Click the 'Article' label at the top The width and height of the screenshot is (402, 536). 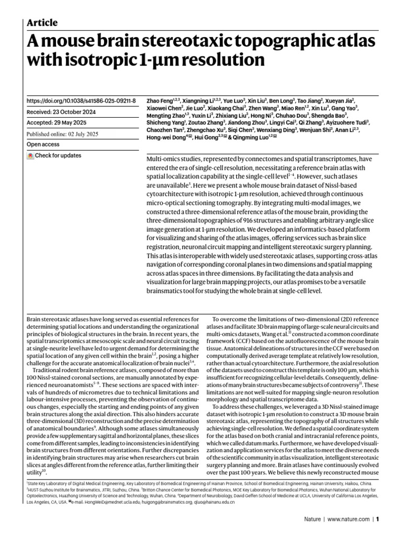coord(42,23)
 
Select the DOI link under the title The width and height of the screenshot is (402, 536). coord(81,100)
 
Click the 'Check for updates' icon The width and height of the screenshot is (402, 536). coord(31,155)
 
